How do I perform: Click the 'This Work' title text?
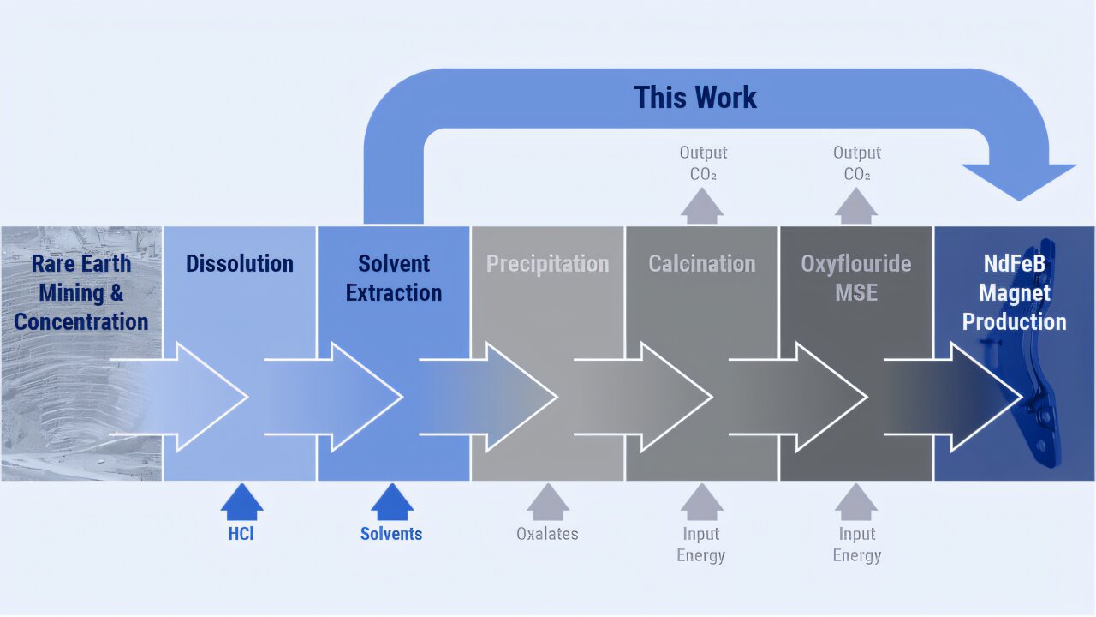tap(695, 98)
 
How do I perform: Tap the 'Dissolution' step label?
tap(240, 263)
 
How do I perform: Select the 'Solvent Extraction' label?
tap(394, 278)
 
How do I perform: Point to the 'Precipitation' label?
tap(548, 263)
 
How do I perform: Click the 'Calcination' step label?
tap(702, 263)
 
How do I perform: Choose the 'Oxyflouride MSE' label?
tap(856, 278)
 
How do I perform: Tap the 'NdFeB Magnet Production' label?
tap(1014, 292)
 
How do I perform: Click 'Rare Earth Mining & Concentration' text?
tap(81, 292)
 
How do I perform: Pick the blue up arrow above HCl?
tap(242, 502)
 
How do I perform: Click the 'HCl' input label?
tap(241, 534)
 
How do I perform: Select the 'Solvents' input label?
tap(391, 534)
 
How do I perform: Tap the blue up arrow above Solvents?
tap(392, 502)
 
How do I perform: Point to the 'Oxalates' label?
tap(547, 534)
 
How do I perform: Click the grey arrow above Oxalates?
tap(548, 502)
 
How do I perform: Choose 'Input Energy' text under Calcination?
tap(701, 544)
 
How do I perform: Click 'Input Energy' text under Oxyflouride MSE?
tap(856, 544)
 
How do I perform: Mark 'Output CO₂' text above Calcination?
tap(703, 163)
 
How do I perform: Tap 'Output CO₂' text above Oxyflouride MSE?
tap(857, 163)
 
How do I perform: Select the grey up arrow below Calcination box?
tap(702, 502)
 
